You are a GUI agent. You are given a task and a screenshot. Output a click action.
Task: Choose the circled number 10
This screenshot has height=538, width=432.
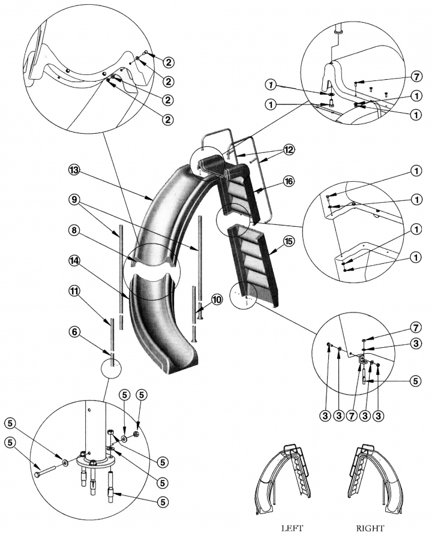tap(214, 298)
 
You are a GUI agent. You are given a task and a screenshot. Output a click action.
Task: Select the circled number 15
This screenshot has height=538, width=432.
tap(289, 241)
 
